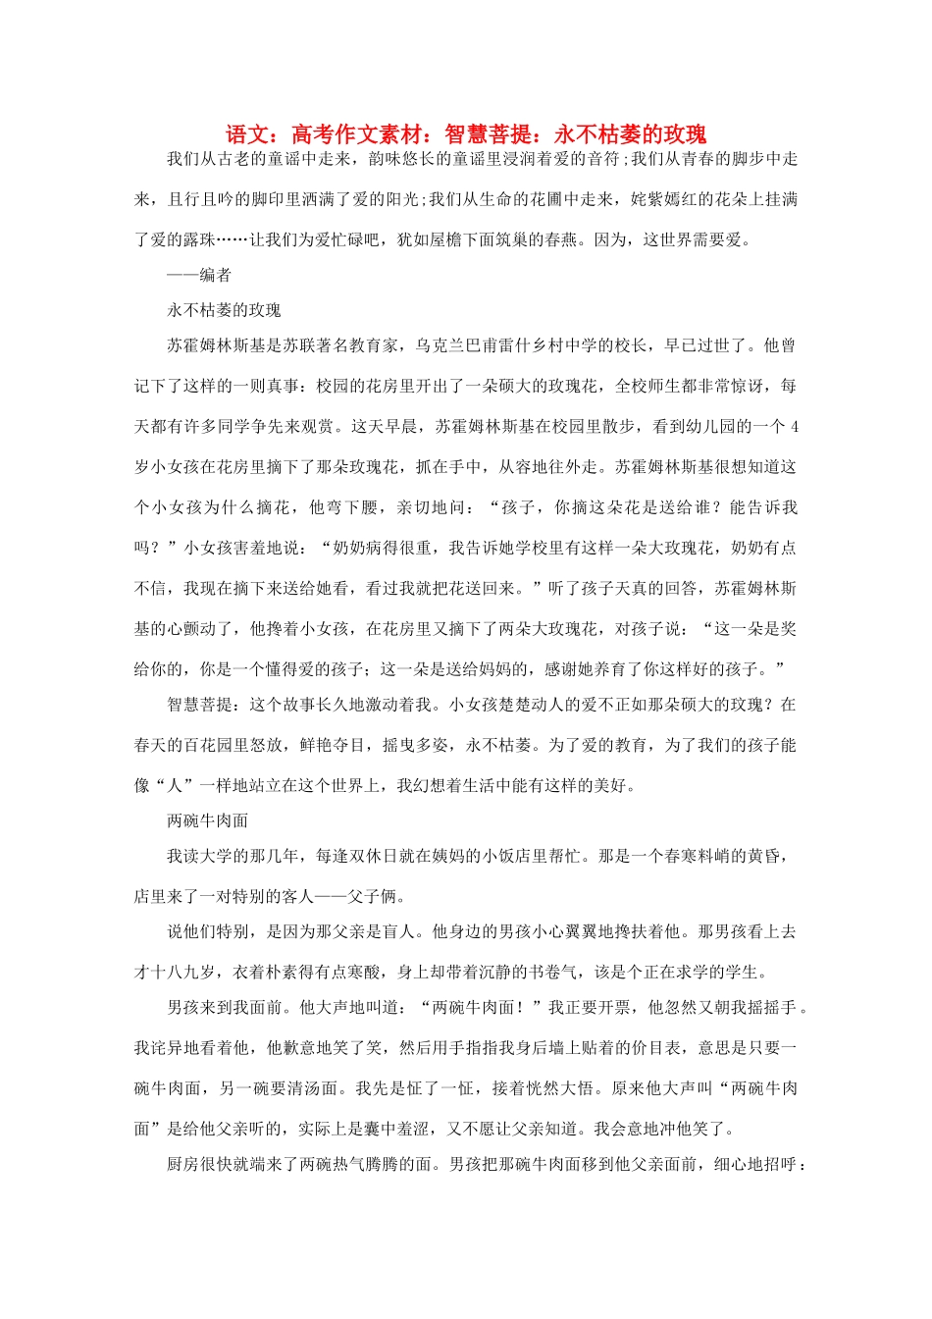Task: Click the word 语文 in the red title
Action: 246,134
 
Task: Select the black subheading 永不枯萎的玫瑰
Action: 224,310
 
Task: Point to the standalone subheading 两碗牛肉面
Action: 207,820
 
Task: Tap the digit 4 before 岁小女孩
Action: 794,426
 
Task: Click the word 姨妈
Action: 464,856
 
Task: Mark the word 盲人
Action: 398,931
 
